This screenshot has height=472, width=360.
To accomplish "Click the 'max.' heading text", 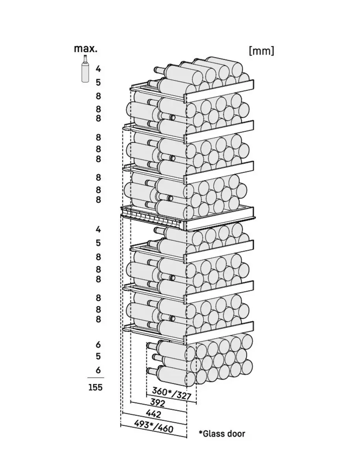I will [85, 49].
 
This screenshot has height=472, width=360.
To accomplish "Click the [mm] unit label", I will [261, 51].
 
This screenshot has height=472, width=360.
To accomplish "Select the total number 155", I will [95, 387].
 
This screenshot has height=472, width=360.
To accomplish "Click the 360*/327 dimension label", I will [171, 393].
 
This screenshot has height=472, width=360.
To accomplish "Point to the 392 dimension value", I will [157, 403].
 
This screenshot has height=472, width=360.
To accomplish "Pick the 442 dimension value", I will [153, 414].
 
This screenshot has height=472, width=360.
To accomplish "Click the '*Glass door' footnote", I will [222, 434].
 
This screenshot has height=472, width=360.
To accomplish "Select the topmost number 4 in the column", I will [98, 69].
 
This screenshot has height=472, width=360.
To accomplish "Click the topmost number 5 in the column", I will [98, 82].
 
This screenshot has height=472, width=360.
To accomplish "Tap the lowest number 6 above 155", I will [98, 370].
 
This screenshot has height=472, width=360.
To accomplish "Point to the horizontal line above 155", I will [95, 378].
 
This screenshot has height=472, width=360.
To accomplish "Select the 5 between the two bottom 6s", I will [98, 356].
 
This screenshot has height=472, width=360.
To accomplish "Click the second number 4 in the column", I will [98, 229].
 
